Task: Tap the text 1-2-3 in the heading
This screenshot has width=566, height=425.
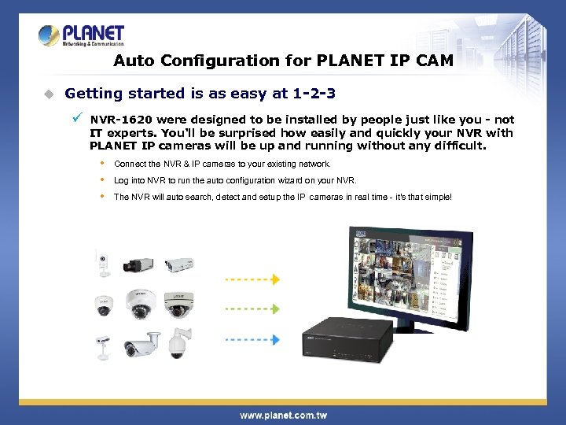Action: [x=314, y=94]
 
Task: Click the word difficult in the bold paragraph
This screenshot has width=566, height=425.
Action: [x=456, y=146]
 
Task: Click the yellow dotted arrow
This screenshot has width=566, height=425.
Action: [x=252, y=279]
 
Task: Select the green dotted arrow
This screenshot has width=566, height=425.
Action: [x=252, y=309]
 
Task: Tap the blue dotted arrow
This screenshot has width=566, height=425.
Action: [x=252, y=339]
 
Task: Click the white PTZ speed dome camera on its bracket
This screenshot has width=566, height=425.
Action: [x=179, y=340]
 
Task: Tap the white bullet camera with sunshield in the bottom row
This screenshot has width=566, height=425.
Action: [x=140, y=344]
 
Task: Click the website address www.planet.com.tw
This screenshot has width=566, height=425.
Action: [x=283, y=415]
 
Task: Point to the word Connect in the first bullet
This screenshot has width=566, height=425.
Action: [x=127, y=164]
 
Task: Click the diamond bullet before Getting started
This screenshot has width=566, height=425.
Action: [x=49, y=94]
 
